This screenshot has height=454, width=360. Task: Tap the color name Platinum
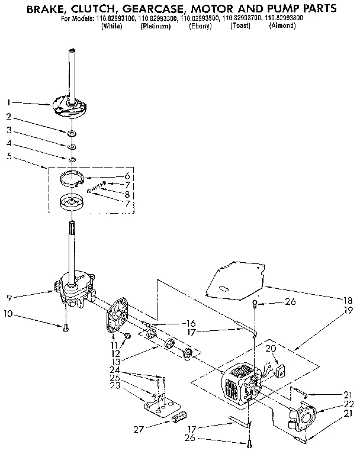156,27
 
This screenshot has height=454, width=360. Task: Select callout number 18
348,300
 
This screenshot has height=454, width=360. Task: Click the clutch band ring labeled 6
75,177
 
